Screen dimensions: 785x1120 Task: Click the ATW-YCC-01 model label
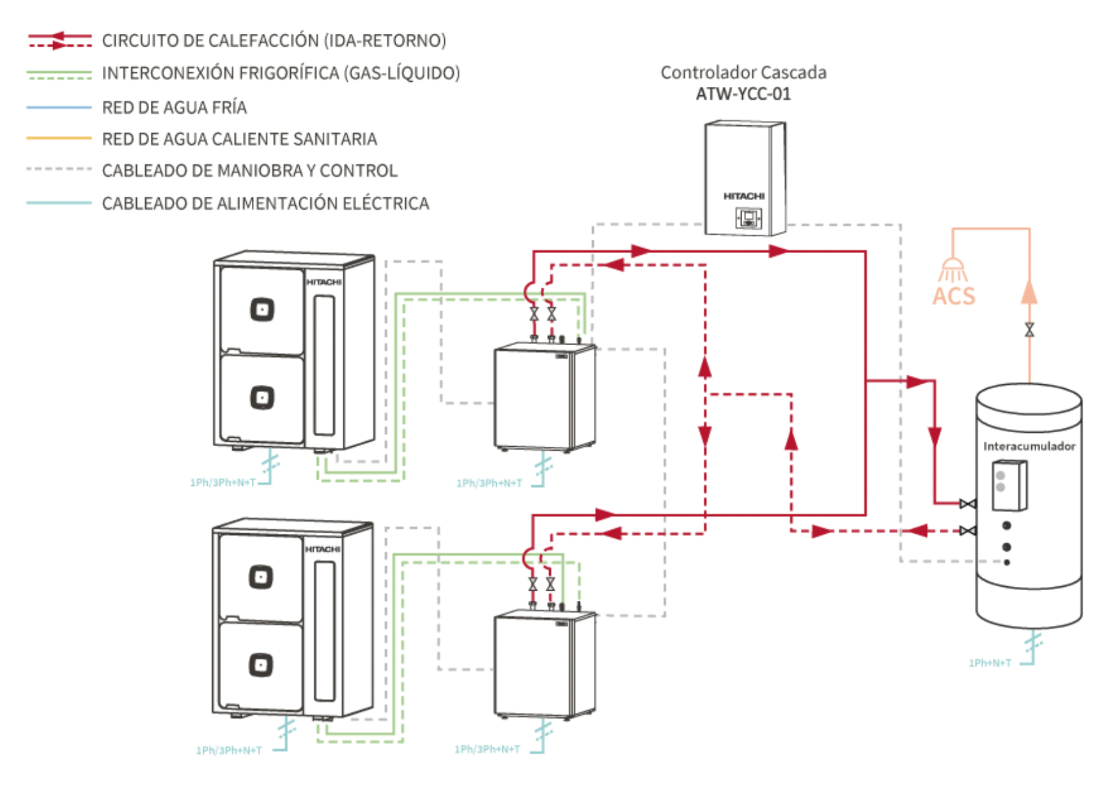point(743,94)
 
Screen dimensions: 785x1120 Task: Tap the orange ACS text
point(953,296)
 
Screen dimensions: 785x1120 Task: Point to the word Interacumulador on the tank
point(1029,446)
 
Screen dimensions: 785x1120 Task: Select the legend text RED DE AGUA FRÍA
point(174,107)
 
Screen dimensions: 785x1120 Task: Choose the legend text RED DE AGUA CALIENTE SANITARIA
point(239,139)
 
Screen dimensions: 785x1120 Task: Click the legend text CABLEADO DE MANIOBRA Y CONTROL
point(249,171)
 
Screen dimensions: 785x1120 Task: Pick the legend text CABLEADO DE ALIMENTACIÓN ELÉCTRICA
point(265,203)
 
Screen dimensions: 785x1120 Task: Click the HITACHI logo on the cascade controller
point(743,196)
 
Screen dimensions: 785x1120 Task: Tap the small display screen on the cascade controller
point(748,218)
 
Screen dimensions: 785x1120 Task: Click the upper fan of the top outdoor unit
point(261,310)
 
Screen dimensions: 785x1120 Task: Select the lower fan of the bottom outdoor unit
point(260,665)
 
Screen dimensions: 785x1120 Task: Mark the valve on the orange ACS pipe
point(1029,330)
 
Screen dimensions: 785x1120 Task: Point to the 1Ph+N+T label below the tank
point(990,663)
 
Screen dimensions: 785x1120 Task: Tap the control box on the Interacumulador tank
point(1009,485)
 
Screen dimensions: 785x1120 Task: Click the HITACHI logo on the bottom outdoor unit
point(322,549)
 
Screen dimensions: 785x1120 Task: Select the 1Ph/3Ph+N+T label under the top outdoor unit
point(222,483)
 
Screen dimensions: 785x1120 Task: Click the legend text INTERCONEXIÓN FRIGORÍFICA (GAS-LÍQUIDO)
point(281,73)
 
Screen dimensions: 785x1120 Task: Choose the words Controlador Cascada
point(743,72)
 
